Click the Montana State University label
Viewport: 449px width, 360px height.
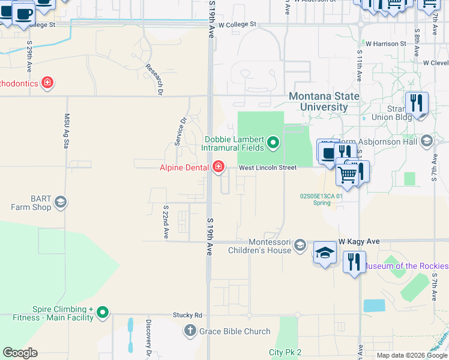click(x=324, y=101)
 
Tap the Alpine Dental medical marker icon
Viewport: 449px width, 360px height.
click(x=218, y=167)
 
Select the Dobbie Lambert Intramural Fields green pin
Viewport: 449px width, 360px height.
click(x=274, y=142)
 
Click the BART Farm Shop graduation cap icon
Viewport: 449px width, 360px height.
click(x=60, y=203)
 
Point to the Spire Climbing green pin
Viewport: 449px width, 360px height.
click(x=103, y=312)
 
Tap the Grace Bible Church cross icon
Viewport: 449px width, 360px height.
click(x=190, y=331)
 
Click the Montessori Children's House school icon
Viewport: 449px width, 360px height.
click(x=301, y=245)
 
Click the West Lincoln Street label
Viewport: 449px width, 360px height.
click(x=268, y=168)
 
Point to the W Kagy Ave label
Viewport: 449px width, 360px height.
click(x=359, y=241)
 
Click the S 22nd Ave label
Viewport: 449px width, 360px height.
click(x=166, y=221)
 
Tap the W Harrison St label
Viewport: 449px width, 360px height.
click(x=386, y=44)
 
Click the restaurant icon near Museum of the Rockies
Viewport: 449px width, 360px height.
click(x=354, y=262)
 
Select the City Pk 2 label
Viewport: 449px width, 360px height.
click(x=285, y=352)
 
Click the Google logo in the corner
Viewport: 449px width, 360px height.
click(x=20, y=353)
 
